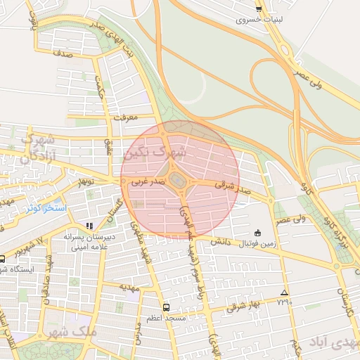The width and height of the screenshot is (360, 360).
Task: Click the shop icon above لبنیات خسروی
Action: tap(259, 9)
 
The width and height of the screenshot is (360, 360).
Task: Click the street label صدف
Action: tap(63, 53)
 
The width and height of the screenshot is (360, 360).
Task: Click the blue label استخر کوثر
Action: tap(44, 208)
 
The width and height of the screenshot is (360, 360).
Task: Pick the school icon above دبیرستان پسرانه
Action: tap(89, 226)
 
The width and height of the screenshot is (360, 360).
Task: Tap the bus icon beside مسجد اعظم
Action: tap(166, 307)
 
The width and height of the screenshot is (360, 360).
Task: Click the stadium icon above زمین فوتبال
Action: tap(257, 233)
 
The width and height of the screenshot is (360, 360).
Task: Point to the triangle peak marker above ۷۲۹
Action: tap(284, 292)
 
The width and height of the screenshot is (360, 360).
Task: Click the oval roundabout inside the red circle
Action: tap(179, 181)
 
